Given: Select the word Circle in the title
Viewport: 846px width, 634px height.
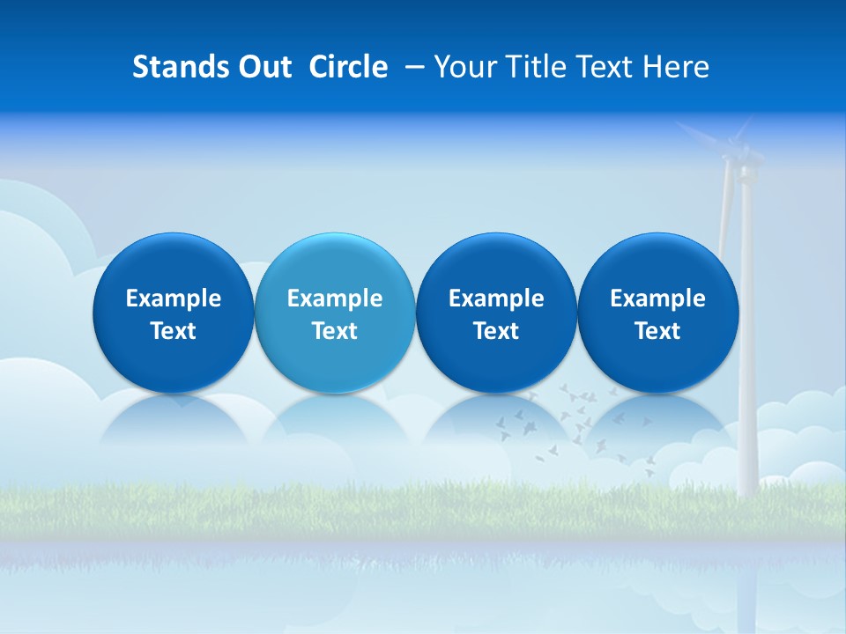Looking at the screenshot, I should coord(348,67).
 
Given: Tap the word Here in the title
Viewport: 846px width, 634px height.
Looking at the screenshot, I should coord(676,67).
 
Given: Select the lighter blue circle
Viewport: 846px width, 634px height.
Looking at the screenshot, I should coord(335,313).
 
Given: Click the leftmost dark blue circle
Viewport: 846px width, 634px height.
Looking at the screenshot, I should coord(173,313).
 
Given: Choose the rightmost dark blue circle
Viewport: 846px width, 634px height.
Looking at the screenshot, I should coord(657,313).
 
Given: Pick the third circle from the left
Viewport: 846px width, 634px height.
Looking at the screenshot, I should coord(496,313).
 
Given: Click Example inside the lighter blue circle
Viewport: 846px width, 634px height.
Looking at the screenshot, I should coord(335,299).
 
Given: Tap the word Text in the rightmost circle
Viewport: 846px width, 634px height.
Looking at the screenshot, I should coord(657,331).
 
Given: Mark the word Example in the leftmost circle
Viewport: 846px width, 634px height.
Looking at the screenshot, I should coord(173,299).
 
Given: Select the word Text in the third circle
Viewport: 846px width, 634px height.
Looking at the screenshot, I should coord(496,331).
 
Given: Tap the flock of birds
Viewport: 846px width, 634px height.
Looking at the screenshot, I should coord(573,423).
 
